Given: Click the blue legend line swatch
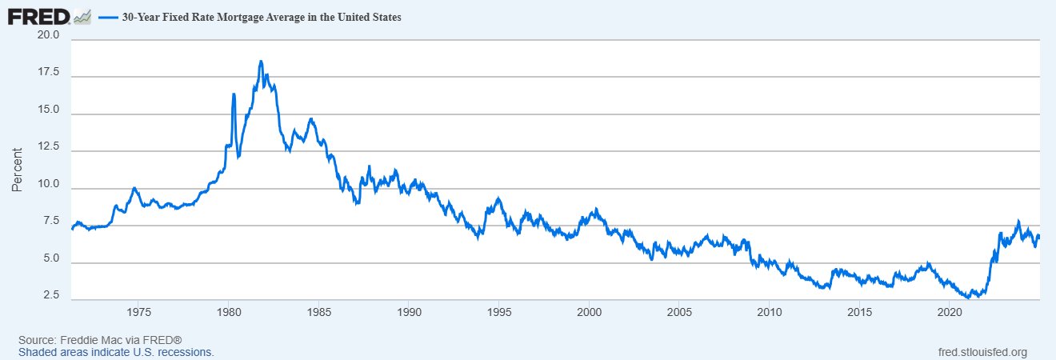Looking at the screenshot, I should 109,17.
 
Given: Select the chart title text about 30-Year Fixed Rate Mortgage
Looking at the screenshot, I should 262,17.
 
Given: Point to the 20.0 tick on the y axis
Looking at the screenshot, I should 49,36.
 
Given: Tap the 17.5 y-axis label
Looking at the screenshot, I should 49,73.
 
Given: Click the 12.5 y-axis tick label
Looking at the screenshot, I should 49,147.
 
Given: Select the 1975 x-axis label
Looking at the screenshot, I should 138,311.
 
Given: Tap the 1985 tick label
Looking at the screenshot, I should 318,311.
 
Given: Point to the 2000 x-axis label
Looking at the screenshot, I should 589,311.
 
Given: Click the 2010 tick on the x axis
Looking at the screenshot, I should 769,311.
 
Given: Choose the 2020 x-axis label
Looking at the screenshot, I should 950,311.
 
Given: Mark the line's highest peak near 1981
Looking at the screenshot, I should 261,62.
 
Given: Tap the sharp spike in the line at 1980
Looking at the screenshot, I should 234,94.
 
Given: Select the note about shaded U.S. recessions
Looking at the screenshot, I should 116,352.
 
